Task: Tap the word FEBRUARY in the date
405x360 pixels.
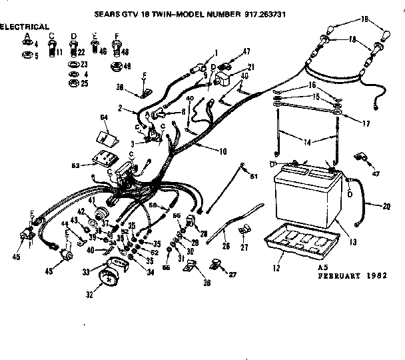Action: pyautogui.click(x=343, y=273)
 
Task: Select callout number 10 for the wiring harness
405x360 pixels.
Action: pyautogui.click(x=222, y=151)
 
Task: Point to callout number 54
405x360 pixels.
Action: pyautogui.click(x=104, y=117)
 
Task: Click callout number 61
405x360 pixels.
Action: pyautogui.click(x=253, y=175)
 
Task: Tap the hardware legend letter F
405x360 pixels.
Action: pyautogui.click(x=117, y=35)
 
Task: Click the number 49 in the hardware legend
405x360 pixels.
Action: pyautogui.click(x=127, y=66)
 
